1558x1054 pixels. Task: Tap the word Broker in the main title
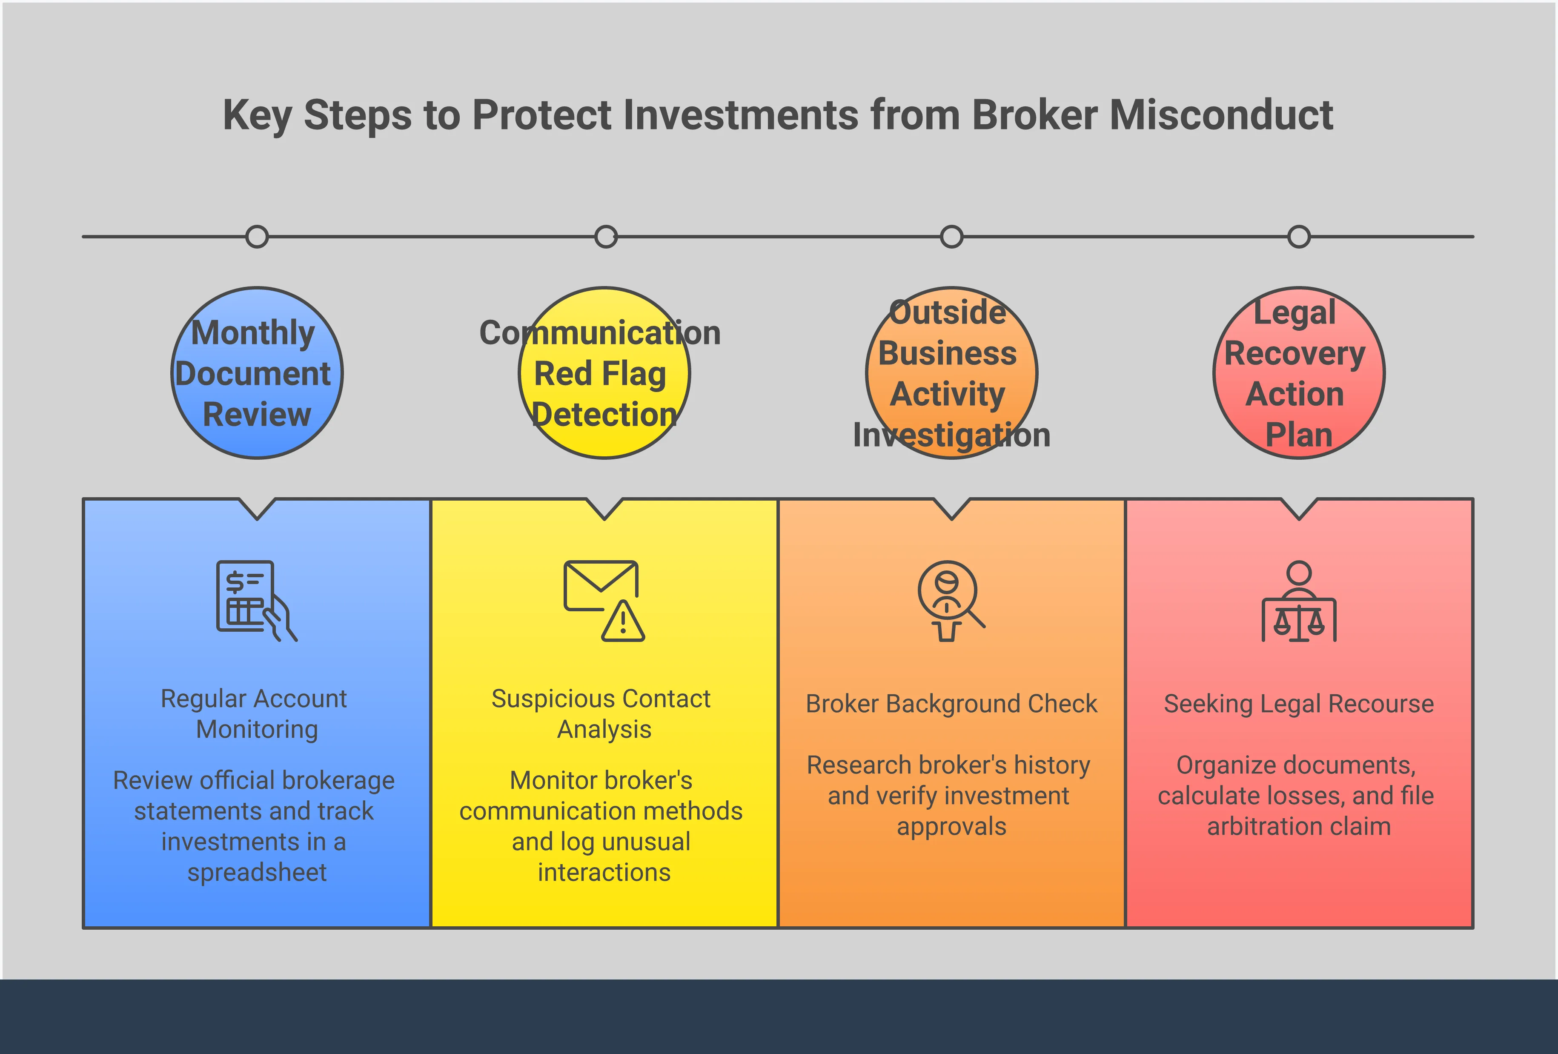click(1034, 115)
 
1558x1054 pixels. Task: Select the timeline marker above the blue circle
click(257, 237)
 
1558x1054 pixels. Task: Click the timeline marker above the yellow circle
click(605, 237)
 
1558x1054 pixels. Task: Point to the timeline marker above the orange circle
click(951, 237)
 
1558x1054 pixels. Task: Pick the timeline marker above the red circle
click(1299, 237)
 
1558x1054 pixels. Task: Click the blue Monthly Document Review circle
click(257, 373)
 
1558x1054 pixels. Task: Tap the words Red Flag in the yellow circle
click(600, 374)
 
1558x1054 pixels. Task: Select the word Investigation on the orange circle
click(951, 435)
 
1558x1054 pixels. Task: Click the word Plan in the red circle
click(1299, 435)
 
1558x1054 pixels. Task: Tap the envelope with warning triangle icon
click(603, 601)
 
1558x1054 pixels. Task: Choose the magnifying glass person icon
click(950, 601)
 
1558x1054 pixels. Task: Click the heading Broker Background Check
click(951, 704)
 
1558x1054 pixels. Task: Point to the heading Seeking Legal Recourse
click(1299, 704)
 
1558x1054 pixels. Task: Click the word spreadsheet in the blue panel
click(257, 872)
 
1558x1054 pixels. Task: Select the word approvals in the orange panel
click(951, 827)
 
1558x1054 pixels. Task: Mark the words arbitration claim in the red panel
click(1299, 827)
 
